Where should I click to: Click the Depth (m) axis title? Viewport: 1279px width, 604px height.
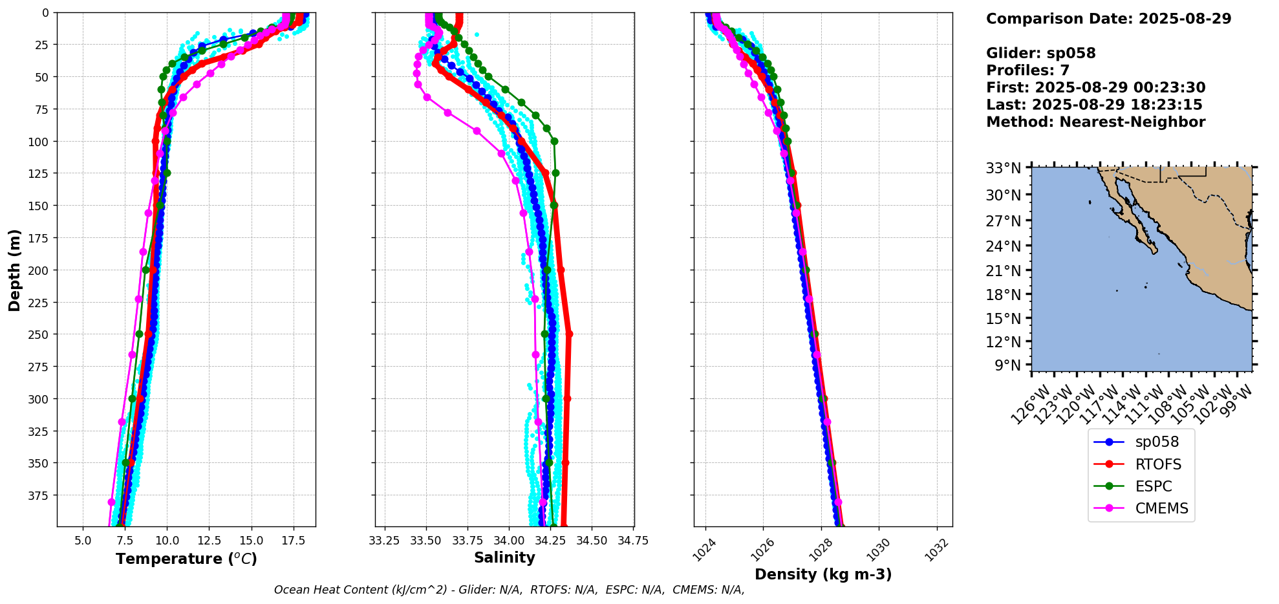click(x=14, y=270)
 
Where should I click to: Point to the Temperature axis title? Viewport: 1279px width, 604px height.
click(x=186, y=559)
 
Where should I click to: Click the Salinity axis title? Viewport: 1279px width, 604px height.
click(x=504, y=558)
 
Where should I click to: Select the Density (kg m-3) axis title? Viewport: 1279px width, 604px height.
click(x=823, y=574)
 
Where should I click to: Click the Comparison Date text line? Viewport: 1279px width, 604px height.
click(x=1108, y=19)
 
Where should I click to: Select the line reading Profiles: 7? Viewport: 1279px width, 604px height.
click(x=1027, y=70)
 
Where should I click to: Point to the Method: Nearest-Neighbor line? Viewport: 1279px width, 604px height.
click(x=1095, y=122)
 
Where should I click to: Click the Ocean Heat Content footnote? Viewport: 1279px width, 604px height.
click(x=509, y=590)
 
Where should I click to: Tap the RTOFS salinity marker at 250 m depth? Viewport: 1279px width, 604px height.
click(x=568, y=334)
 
